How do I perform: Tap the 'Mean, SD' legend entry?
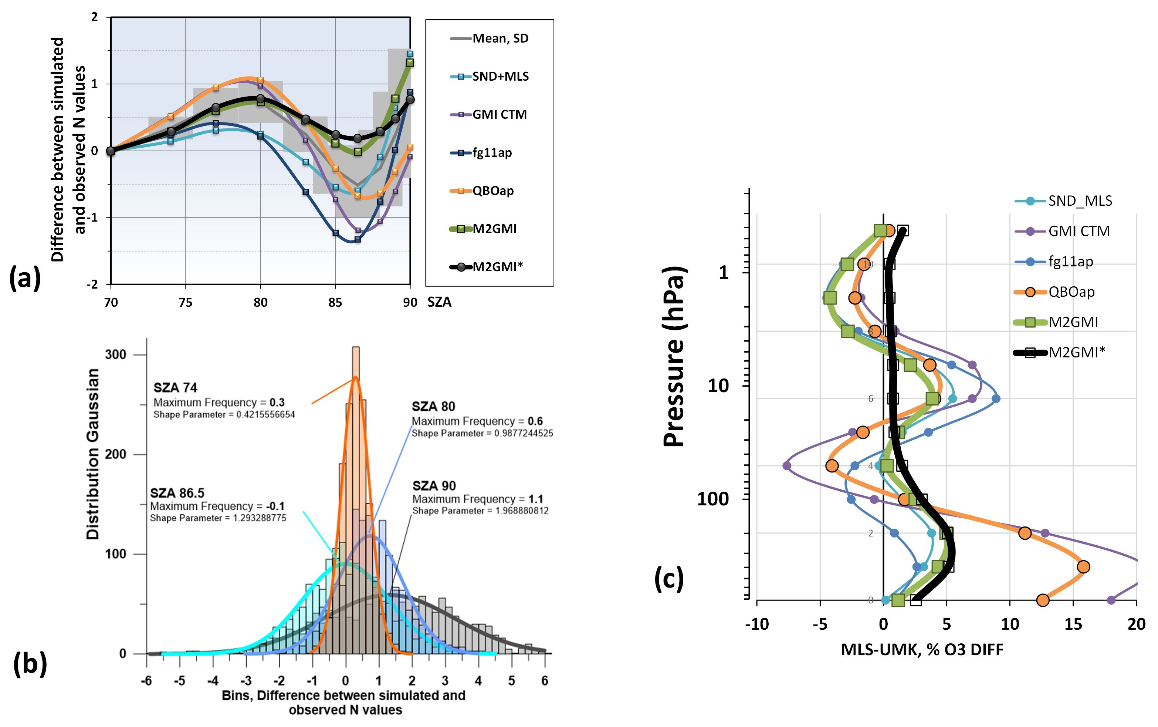[500, 38]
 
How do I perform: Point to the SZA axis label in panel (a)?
[439, 302]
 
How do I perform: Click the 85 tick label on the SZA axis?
[335, 302]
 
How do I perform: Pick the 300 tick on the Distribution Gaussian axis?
[115, 354]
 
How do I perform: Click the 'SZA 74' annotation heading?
[175, 387]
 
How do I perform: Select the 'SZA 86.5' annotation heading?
[177, 493]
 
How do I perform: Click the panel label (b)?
[30, 664]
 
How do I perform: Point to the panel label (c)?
[669, 579]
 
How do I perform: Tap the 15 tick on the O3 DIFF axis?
[1073, 624]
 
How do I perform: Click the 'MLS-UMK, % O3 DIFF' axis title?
[922, 650]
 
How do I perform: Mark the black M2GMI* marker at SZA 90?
[410, 100]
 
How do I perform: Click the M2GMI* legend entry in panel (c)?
[1076, 353]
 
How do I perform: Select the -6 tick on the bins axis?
[146, 680]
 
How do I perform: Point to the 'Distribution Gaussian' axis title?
[92, 454]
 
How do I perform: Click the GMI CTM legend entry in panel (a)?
[499, 114]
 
